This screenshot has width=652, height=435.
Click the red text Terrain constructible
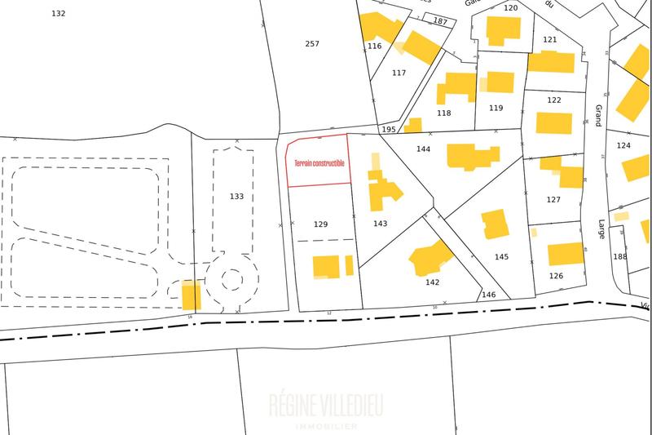(319, 163)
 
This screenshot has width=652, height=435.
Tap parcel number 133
(236, 197)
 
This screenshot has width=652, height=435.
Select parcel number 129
(320, 224)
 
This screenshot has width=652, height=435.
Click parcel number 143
(379, 224)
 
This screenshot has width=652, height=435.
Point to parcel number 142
(432, 282)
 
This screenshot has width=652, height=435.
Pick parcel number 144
(423, 149)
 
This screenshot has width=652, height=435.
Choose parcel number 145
(501, 257)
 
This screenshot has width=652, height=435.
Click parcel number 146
(489, 295)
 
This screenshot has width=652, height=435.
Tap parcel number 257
(311, 43)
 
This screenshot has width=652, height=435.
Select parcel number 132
(58, 14)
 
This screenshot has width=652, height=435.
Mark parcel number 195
(389, 130)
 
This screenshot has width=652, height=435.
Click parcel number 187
(440, 21)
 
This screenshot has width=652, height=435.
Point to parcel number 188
(620, 256)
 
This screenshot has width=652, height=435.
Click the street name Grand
(598, 115)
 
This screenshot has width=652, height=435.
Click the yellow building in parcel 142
(430, 258)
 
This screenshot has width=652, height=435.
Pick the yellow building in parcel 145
(495, 224)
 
